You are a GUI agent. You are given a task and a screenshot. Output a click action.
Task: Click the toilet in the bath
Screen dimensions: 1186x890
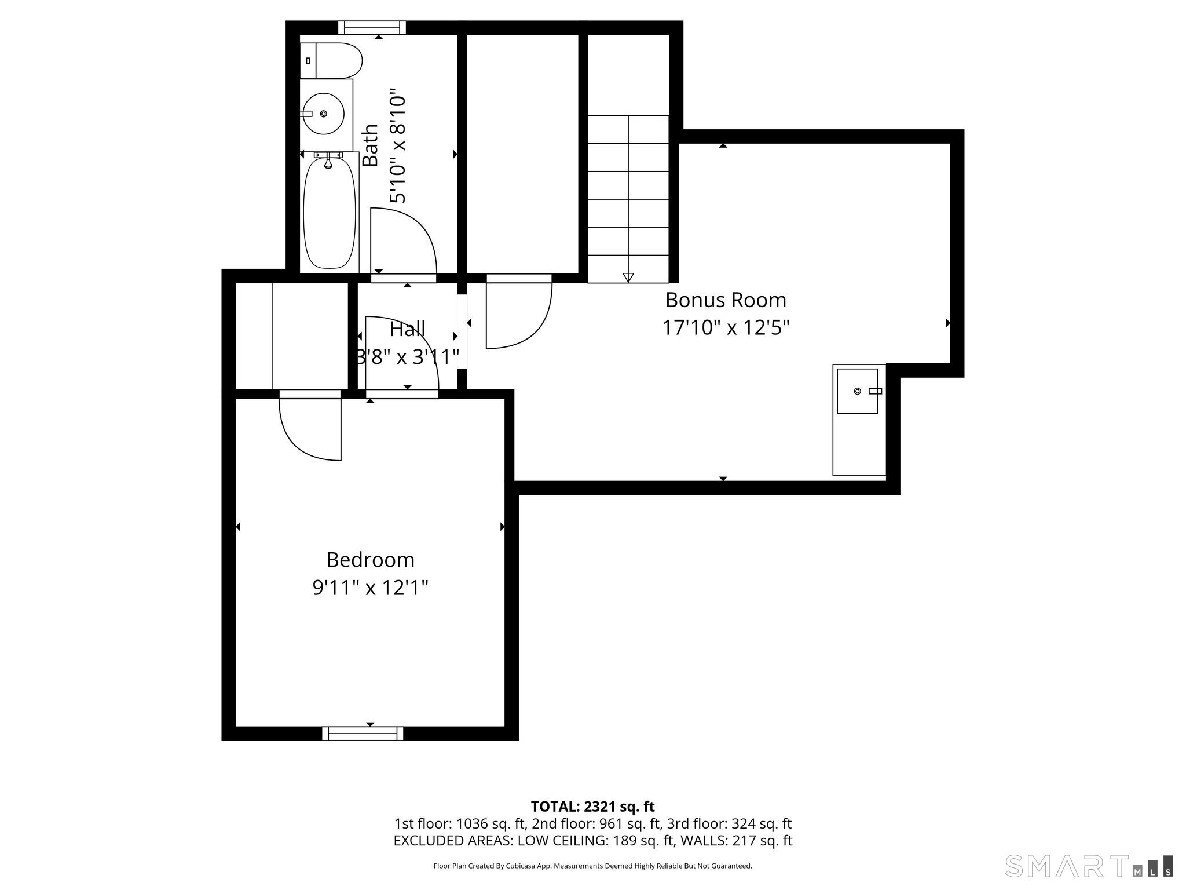click(331, 60)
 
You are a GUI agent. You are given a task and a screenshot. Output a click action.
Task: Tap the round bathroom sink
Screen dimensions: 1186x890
click(323, 114)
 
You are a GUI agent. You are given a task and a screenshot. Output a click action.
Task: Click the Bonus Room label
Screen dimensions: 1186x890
click(726, 300)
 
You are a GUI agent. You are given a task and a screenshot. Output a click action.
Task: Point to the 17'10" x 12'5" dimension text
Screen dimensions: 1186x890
click(726, 328)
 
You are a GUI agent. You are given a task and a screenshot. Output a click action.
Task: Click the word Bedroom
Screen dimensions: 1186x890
click(371, 560)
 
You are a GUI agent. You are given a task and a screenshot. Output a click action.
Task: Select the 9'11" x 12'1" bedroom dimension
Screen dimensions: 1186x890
click(371, 588)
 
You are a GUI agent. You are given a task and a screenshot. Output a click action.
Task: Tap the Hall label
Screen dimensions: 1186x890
click(408, 329)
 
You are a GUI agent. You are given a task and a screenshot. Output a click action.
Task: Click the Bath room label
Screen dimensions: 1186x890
click(370, 145)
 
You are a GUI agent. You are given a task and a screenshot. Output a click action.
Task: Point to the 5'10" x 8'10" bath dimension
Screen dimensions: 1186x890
click(398, 145)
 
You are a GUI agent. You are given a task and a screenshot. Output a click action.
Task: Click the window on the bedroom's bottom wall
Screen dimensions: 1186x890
click(363, 734)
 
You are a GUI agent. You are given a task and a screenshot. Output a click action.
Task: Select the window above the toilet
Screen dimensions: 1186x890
click(372, 27)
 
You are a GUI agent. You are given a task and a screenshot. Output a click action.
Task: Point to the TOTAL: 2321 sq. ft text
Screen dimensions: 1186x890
click(592, 807)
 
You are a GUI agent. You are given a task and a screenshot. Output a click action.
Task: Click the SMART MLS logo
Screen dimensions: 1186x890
click(1089, 866)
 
